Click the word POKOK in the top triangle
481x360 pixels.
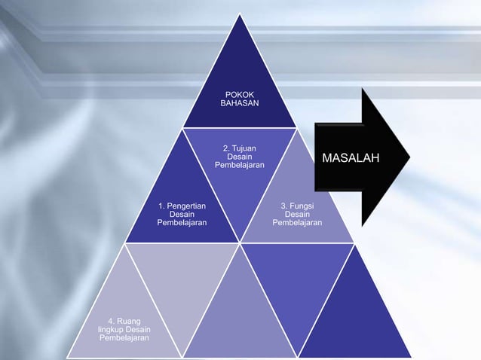(x=239, y=93)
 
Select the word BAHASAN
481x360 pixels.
(x=239, y=102)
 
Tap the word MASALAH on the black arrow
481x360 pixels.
(x=351, y=158)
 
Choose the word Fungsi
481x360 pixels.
(x=302, y=205)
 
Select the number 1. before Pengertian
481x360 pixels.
(x=162, y=205)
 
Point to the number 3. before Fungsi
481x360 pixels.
(x=283, y=205)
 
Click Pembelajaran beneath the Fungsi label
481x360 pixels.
(x=297, y=223)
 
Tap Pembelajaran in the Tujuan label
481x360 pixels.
(x=239, y=165)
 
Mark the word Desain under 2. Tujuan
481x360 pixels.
(x=239, y=157)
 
